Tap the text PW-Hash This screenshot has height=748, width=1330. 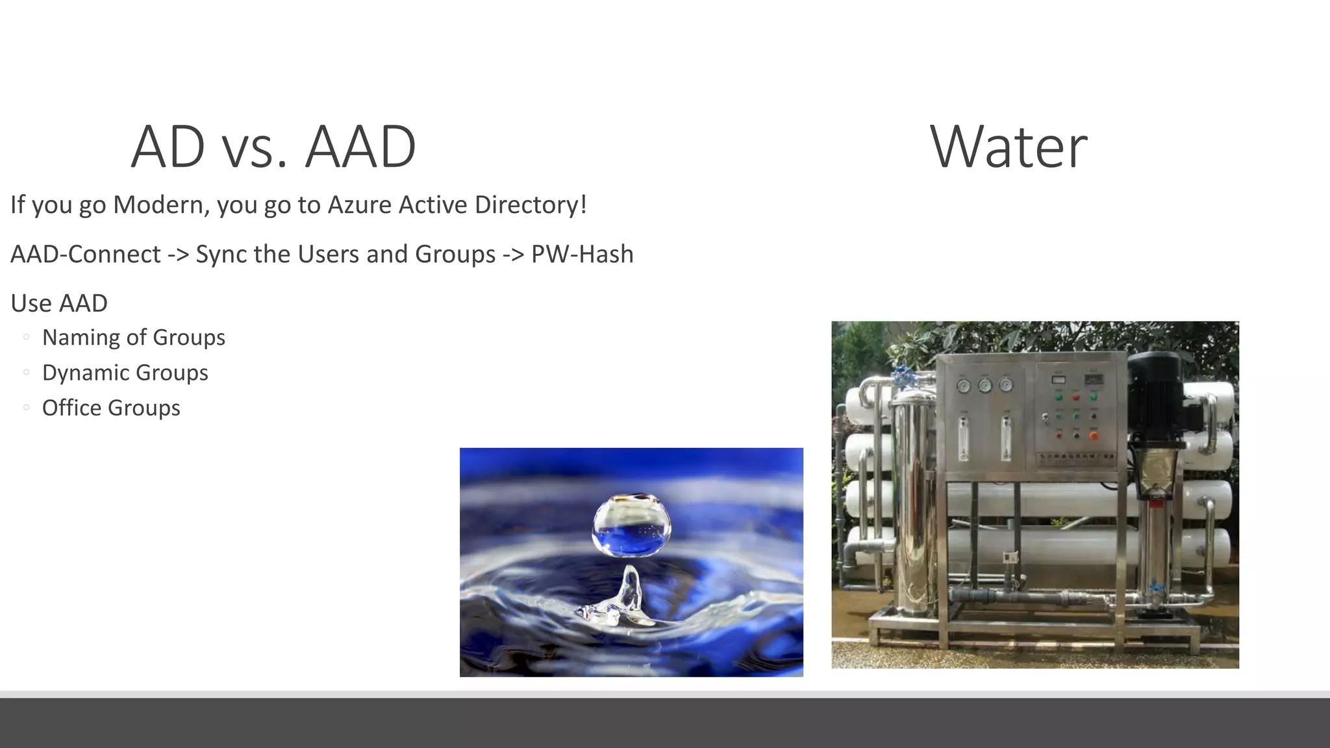(582, 255)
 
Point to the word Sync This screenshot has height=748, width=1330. (221, 255)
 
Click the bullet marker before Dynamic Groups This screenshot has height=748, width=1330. (26, 372)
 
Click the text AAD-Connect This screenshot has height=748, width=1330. (86, 255)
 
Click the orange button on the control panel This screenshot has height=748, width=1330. (1094, 435)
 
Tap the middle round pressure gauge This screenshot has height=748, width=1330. (985, 386)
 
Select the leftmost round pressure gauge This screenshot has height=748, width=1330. (964, 386)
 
